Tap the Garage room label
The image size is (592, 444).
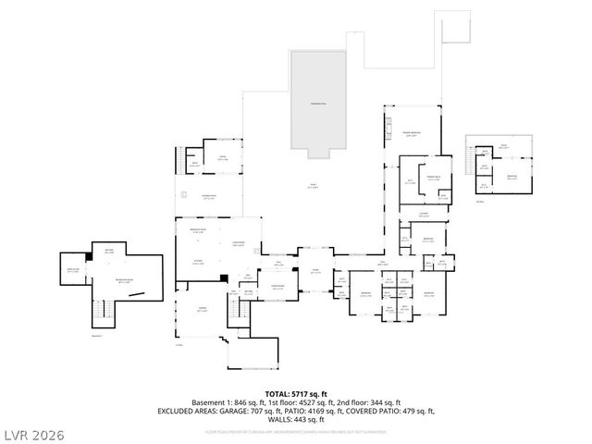click(x=203, y=310)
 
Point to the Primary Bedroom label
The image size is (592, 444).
click(x=412, y=135)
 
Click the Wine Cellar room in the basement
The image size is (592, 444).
click(x=73, y=270)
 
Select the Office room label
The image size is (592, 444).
click(x=222, y=158)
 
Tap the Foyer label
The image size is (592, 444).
click(x=315, y=271)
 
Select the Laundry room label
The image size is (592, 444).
click(x=423, y=215)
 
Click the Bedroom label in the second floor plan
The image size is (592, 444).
click(x=511, y=177)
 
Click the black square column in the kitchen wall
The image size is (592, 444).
click(x=224, y=277)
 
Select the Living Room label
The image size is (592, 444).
click(x=238, y=244)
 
